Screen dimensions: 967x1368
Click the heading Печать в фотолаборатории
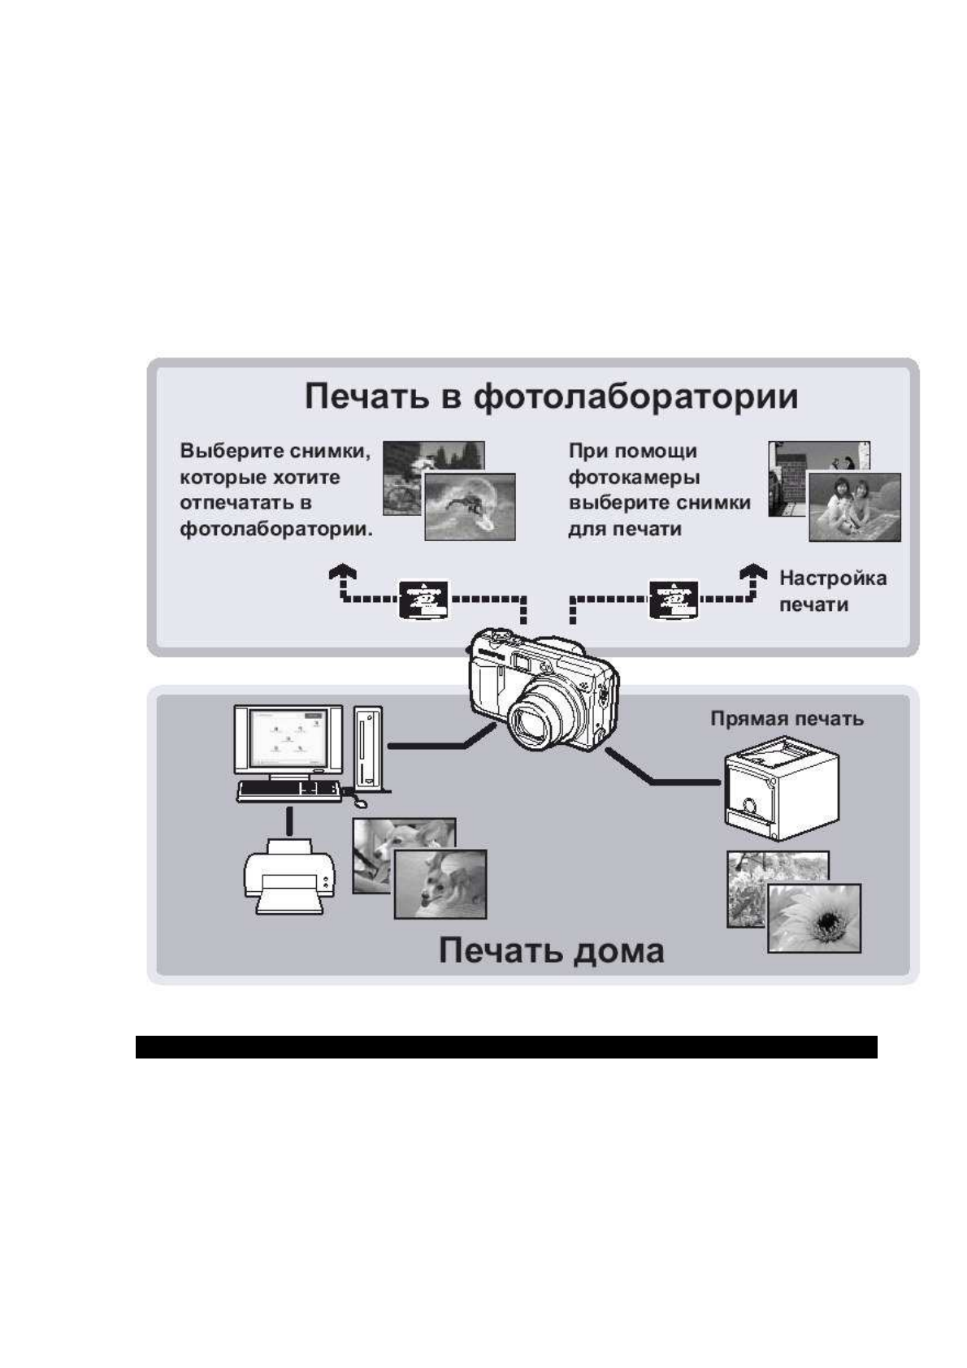pyautogui.click(x=551, y=397)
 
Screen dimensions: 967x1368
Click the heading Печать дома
pyautogui.click(x=551, y=950)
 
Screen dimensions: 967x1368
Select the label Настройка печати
pyautogui.click(x=833, y=591)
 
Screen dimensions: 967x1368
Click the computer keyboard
pyautogui.click(x=289, y=791)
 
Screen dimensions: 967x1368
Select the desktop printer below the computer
pyautogui.click(x=289, y=876)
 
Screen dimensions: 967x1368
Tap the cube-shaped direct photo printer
pyautogui.click(x=781, y=789)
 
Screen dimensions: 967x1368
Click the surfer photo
pyautogui.click(x=470, y=507)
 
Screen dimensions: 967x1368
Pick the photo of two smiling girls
pyautogui.click(x=855, y=507)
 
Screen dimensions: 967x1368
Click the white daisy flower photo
pyautogui.click(x=814, y=918)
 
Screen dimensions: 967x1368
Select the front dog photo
pyautogui.click(x=440, y=885)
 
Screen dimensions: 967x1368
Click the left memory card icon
pyautogui.click(x=423, y=600)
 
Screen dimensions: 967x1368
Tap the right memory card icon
pyautogui.click(x=674, y=600)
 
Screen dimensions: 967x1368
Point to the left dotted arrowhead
pyautogui.click(x=343, y=572)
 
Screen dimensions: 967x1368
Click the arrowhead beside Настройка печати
pyautogui.click(x=754, y=571)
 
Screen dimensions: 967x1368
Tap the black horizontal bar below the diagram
pyautogui.click(x=506, y=1047)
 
